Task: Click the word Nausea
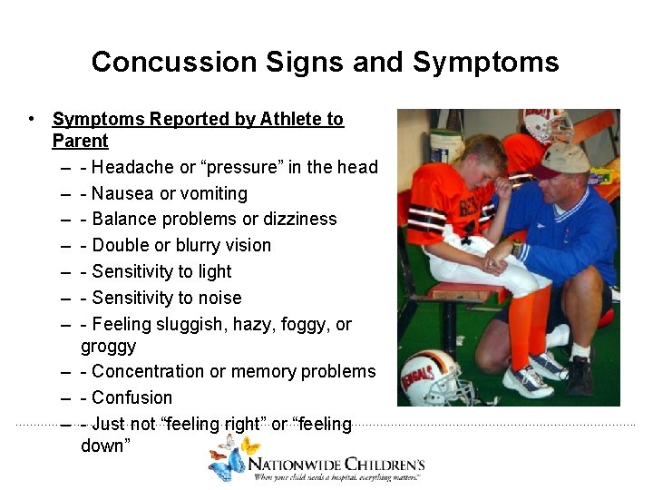(122, 193)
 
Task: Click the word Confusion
(132, 398)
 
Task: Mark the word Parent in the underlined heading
(80, 142)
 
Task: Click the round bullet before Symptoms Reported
(32, 119)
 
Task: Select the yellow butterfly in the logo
(249, 446)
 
